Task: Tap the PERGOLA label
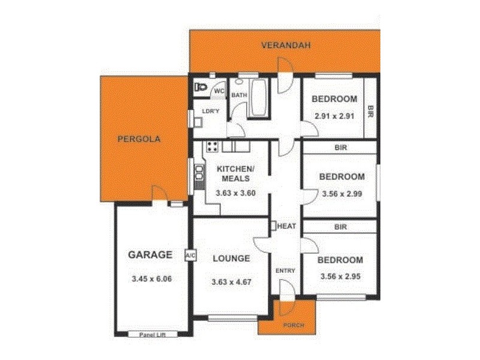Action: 139,139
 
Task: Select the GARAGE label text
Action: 150,254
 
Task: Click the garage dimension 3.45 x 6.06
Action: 152,278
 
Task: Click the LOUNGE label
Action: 231,259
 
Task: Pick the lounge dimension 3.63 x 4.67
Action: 231,282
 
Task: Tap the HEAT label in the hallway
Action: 286,226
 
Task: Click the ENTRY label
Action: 285,271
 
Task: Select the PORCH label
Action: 293,325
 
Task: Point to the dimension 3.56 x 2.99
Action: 341,194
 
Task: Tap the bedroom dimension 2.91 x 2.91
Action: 335,116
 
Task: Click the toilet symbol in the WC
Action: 200,88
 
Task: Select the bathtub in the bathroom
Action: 259,98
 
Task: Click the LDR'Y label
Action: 209,112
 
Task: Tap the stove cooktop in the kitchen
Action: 212,146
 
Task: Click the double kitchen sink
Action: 199,172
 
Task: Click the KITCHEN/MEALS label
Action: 235,174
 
